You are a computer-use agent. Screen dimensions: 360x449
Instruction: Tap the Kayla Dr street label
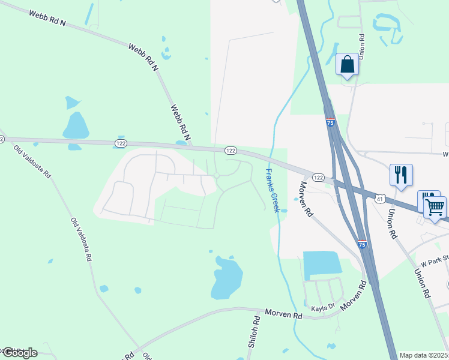(x=322, y=309)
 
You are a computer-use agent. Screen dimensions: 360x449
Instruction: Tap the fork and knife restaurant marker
(x=401, y=175)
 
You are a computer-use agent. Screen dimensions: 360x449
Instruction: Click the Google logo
(x=20, y=352)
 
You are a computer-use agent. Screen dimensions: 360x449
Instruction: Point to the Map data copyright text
(x=423, y=355)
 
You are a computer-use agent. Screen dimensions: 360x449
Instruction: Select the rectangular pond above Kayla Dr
(x=322, y=265)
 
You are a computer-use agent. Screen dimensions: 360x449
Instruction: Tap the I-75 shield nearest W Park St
(x=361, y=244)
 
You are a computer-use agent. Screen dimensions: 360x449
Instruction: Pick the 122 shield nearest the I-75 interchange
(x=318, y=178)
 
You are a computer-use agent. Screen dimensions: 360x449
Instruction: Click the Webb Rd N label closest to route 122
(x=180, y=123)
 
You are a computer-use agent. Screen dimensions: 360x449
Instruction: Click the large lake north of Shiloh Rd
(x=226, y=278)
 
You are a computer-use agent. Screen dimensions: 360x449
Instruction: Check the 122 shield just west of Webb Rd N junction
(x=121, y=143)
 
